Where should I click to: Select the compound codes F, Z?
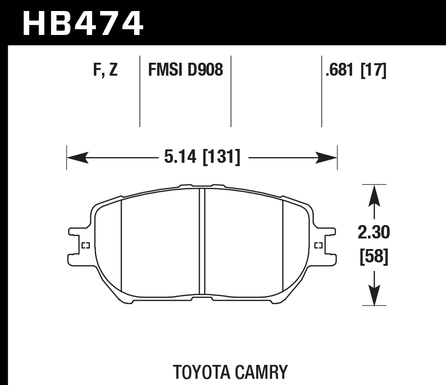(105, 71)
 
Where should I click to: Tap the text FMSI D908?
(185, 71)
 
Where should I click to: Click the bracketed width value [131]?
(221, 157)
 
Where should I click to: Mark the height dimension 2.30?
(374, 233)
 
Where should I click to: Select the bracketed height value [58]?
(374, 257)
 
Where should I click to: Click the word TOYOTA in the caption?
(202, 372)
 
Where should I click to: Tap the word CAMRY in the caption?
(261, 372)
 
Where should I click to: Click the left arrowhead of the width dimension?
(77, 157)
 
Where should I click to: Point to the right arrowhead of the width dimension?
(328, 157)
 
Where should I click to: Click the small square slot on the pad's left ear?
(86, 246)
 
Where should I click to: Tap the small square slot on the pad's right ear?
(318, 246)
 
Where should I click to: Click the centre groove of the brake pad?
(202, 242)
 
